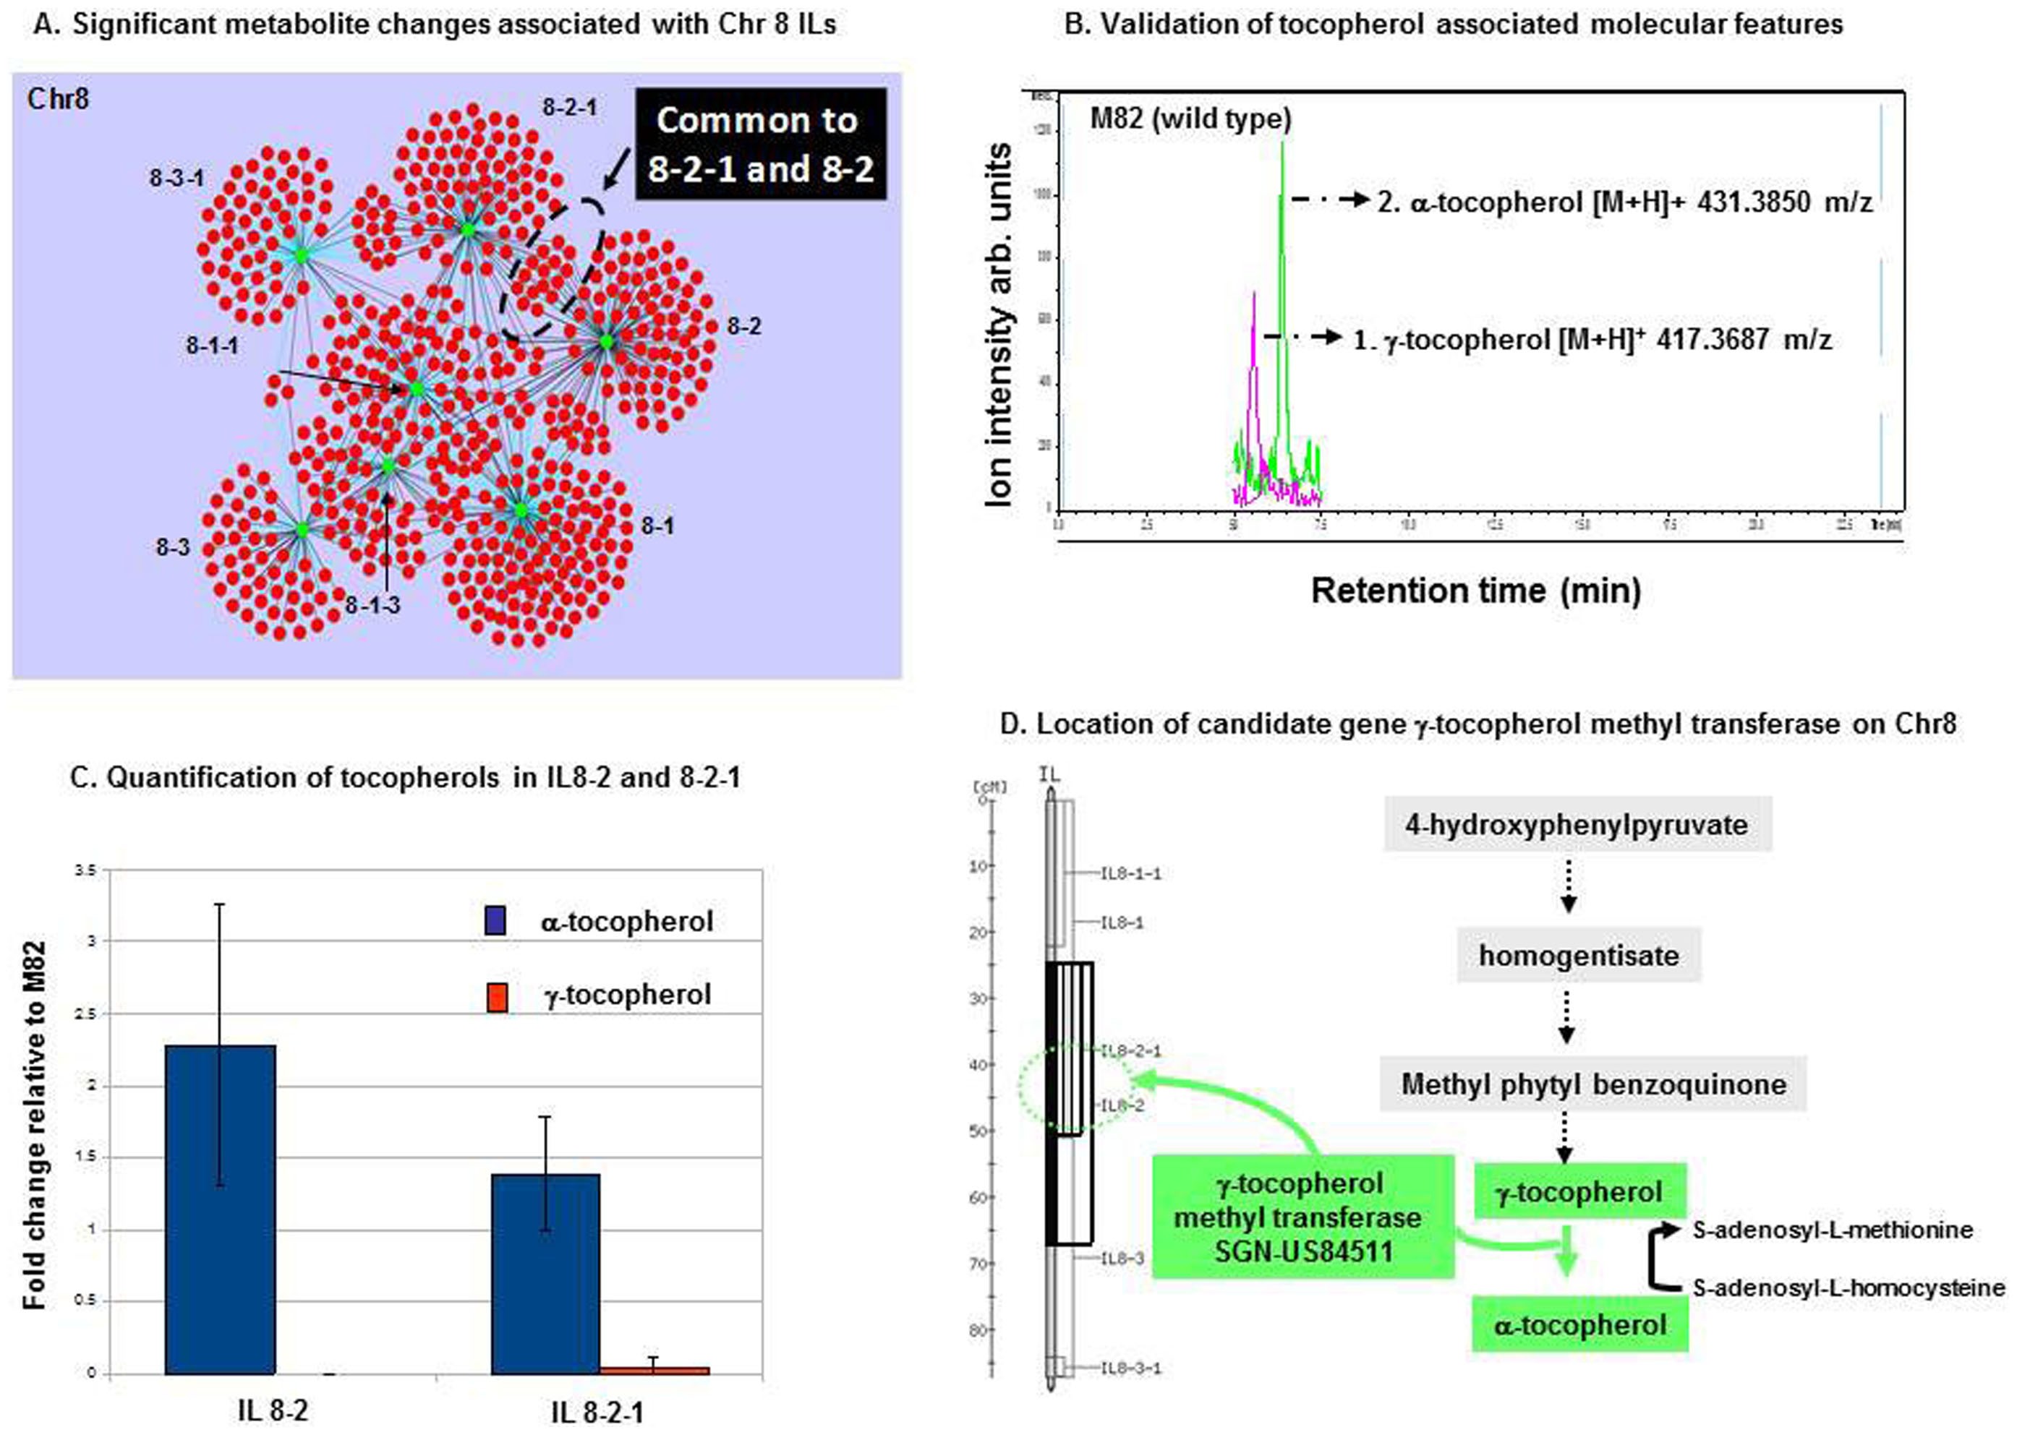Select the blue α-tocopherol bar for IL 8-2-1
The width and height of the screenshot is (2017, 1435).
[x=545, y=1275]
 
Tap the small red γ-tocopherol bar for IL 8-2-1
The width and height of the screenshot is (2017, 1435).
[x=654, y=1371]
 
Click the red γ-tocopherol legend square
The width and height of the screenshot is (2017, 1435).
[x=497, y=998]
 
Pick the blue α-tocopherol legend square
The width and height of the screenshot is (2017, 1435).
[x=495, y=922]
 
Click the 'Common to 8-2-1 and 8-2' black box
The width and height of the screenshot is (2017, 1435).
[x=760, y=144]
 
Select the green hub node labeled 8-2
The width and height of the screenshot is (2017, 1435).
[x=605, y=341]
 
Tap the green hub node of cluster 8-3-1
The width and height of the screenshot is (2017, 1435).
[x=301, y=255]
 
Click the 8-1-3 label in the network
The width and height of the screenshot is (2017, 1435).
[x=372, y=605]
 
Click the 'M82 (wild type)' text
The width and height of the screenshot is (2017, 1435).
[x=1190, y=119]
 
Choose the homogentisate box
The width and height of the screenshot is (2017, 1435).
[x=1579, y=955]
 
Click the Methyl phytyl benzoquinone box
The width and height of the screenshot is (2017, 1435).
[x=1592, y=1084]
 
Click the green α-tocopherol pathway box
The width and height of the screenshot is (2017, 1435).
[x=1579, y=1324]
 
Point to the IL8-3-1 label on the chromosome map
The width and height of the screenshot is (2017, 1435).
[x=1130, y=1368]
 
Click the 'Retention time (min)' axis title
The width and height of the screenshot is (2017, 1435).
[x=1475, y=590]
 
